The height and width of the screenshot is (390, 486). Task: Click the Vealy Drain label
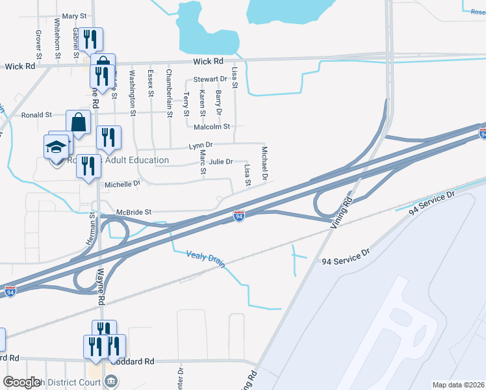tap(205, 257)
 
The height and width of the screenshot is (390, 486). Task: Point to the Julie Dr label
tap(220, 162)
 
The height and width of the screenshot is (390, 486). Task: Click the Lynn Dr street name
tap(201, 145)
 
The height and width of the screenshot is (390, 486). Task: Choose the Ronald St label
tap(36, 115)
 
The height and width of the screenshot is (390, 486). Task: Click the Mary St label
tap(74, 16)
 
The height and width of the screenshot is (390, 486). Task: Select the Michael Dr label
tap(264, 163)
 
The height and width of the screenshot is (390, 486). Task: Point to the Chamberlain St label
tap(169, 94)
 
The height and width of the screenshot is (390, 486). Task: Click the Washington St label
tap(133, 94)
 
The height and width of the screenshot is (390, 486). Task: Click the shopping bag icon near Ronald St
tap(78, 122)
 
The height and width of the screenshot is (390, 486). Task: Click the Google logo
tap(21, 382)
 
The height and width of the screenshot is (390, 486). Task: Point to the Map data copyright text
tap(458, 385)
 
